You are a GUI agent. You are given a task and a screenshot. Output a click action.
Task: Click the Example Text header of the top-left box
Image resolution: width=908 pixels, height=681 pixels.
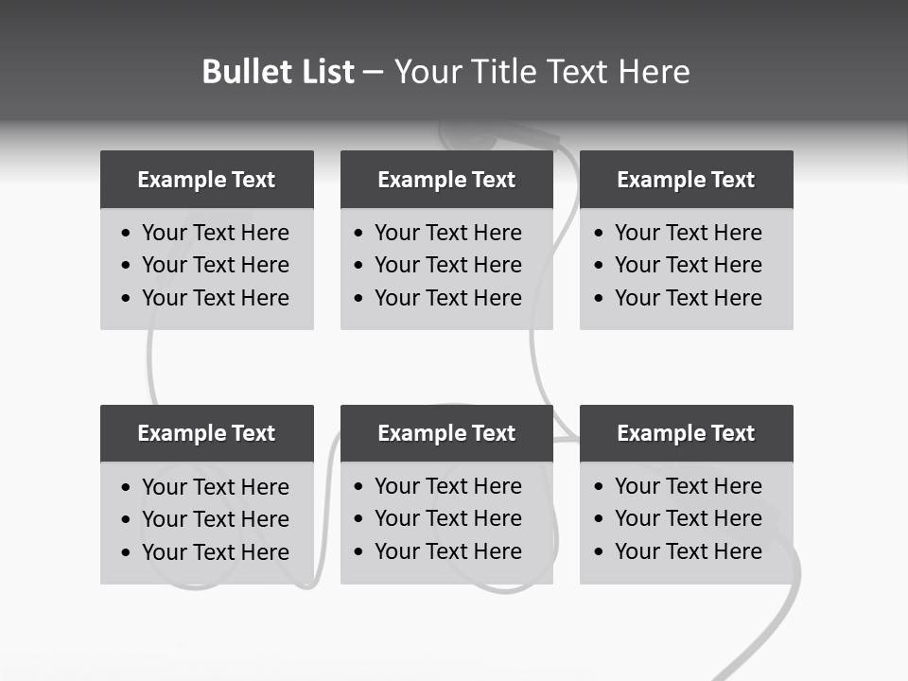click(x=206, y=180)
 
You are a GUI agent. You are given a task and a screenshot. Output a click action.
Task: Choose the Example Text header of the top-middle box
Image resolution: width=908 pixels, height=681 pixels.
click(x=446, y=180)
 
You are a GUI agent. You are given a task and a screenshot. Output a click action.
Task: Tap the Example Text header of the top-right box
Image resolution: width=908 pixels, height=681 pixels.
click(x=686, y=180)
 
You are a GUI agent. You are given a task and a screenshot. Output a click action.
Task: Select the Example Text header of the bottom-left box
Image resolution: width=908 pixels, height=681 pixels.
click(x=206, y=433)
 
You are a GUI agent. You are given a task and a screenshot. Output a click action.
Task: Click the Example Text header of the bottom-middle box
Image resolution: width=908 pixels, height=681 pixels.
click(x=446, y=433)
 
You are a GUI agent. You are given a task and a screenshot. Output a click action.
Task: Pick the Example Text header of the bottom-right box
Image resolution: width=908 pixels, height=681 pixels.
click(x=686, y=433)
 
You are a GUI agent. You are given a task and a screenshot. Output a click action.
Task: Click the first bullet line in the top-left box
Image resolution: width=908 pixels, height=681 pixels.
click(x=215, y=233)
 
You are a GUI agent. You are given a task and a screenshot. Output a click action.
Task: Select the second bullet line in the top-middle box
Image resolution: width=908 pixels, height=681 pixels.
click(x=447, y=265)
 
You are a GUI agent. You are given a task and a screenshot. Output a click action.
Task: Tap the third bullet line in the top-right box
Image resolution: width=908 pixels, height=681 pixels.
click(x=688, y=298)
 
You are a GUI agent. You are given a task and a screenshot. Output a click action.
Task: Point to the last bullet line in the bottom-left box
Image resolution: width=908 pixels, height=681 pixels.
click(x=215, y=552)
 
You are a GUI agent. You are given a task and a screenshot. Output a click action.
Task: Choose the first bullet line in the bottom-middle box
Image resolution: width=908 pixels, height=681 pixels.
click(x=447, y=486)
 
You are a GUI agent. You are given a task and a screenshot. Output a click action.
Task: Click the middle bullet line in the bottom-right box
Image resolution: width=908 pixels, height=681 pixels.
click(x=688, y=518)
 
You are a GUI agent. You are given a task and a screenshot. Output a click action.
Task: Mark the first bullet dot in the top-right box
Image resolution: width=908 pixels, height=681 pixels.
click(x=599, y=234)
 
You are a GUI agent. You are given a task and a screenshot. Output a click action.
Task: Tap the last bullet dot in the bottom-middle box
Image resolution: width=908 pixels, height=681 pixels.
click(x=358, y=552)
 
